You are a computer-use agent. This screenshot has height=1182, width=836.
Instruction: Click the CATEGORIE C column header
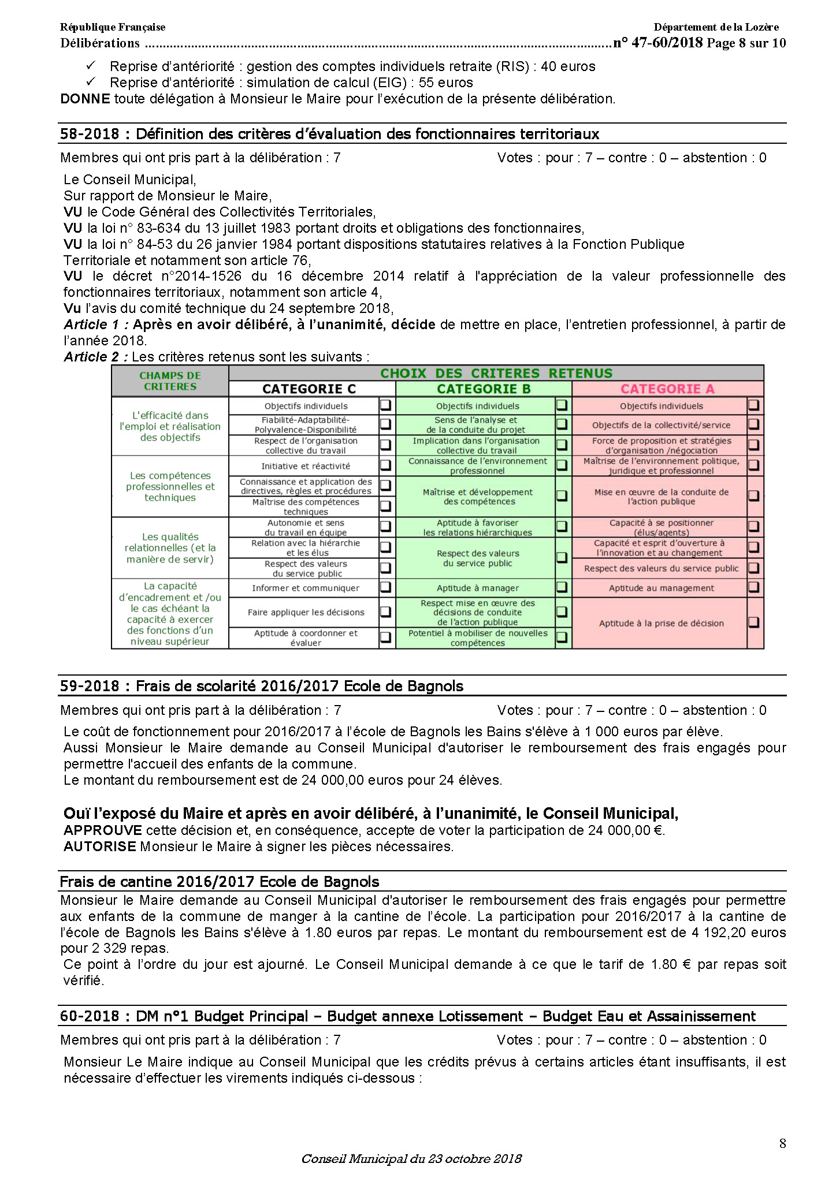tap(309, 389)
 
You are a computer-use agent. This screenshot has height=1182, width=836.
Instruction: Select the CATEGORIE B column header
tap(484, 389)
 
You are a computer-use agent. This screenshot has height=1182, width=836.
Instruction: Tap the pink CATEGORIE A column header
tap(667, 389)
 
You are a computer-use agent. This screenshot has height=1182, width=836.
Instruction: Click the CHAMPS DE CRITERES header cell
tap(170, 381)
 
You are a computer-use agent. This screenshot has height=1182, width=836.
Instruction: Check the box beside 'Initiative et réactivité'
tap(386, 465)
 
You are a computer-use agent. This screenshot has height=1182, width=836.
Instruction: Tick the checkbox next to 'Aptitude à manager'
tap(562, 587)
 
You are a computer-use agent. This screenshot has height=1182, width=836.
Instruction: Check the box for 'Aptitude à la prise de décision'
tap(753, 622)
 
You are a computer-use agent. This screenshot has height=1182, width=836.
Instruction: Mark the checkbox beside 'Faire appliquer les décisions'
tap(386, 611)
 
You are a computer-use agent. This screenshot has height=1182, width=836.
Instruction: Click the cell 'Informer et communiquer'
tap(305, 588)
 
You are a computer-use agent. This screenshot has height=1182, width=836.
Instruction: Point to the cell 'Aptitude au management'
tap(661, 588)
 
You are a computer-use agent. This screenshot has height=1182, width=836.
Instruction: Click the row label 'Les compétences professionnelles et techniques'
tap(170, 486)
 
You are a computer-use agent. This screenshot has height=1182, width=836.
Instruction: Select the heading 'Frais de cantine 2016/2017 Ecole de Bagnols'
tap(220, 882)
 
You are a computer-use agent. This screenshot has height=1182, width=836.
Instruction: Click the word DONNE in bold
tap(85, 99)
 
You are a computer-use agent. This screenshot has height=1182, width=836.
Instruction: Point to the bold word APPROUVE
tap(102, 830)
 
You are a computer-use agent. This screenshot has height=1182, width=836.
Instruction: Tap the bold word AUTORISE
tap(99, 847)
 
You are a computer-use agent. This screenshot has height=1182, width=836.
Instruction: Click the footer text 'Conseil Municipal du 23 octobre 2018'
tap(411, 1158)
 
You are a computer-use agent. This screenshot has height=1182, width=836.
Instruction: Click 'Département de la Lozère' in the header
tap(716, 27)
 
